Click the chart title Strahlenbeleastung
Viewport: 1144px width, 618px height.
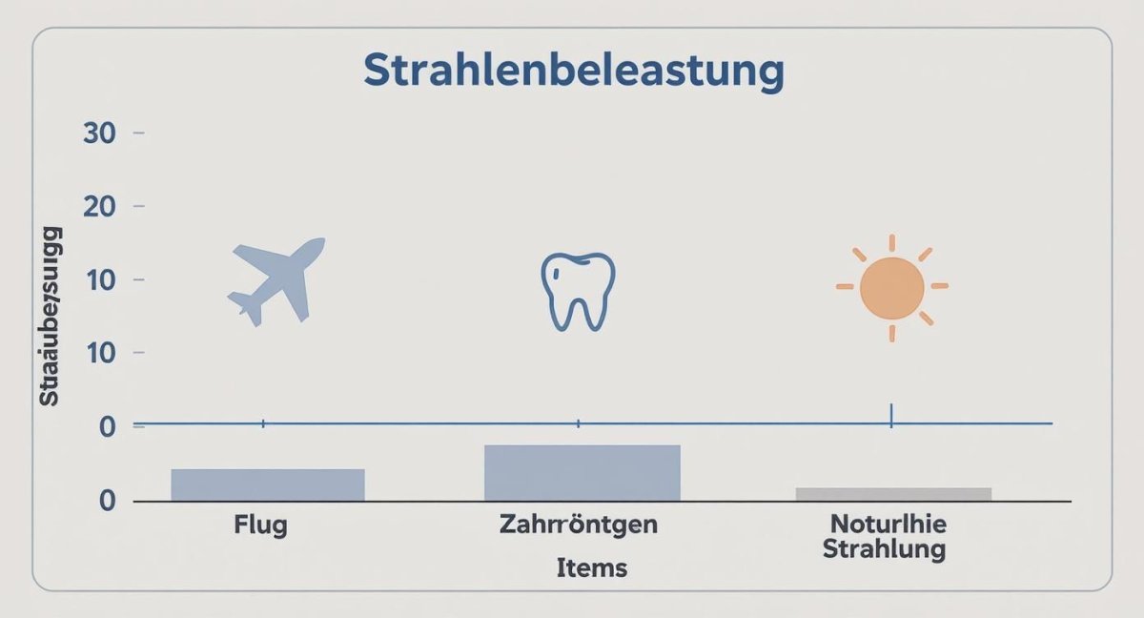tap(574, 72)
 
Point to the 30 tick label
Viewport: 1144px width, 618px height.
tap(99, 134)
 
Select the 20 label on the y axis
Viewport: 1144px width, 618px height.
tap(99, 207)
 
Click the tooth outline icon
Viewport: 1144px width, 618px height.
tap(578, 290)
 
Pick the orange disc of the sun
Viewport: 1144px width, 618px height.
tap(891, 288)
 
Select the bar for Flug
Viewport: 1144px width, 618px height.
tap(268, 484)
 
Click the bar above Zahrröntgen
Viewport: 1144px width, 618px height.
tap(582, 473)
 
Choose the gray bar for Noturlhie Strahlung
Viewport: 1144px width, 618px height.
tap(893, 494)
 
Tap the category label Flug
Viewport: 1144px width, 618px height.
tap(260, 525)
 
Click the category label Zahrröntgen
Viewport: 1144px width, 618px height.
tap(578, 525)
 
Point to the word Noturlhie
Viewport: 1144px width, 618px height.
tap(888, 525)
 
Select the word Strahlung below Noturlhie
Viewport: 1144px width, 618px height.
tap(885, 549)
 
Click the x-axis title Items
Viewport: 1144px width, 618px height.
tap(592, 568)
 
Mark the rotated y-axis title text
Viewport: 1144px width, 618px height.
tap(50, 315)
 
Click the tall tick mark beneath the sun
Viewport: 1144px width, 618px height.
tap(891, 415)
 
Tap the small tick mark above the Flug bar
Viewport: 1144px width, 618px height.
tap(263, 422)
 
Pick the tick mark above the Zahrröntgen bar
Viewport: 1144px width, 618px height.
tap(579, 422)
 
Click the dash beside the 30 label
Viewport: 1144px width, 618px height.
tap(138, 134)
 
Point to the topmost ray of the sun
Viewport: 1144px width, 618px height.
tap(892, 242)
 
